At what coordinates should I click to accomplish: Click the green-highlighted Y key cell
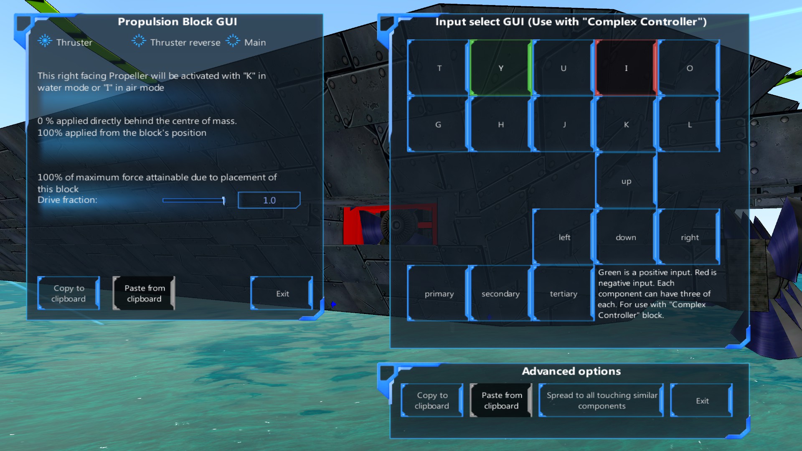point(500,68)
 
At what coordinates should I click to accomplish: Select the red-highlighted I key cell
point(626,68)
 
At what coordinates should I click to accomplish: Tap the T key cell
point(438,68)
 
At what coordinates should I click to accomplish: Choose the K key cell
point(626,124)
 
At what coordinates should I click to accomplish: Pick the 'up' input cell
point(626,181)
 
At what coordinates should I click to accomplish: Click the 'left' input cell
point(563,237)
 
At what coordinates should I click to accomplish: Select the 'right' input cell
point(689,237)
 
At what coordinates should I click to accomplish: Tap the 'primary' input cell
point(438,294)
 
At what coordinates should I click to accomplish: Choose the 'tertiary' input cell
point(563,294)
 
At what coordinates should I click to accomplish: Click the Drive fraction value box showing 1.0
point(269,200)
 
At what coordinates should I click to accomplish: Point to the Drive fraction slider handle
point(223,200)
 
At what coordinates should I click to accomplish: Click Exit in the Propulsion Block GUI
point(282,294)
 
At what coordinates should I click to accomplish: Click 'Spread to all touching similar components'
point(601,400)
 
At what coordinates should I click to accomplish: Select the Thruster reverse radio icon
point(138,41)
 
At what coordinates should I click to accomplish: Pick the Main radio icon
point(233,41)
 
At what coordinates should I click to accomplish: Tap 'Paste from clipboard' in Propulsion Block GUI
point(144,294)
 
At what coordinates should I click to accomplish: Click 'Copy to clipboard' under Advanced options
point(432,400)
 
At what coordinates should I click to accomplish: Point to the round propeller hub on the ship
point(396,225)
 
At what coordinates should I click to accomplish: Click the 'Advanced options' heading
point(571,371)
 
